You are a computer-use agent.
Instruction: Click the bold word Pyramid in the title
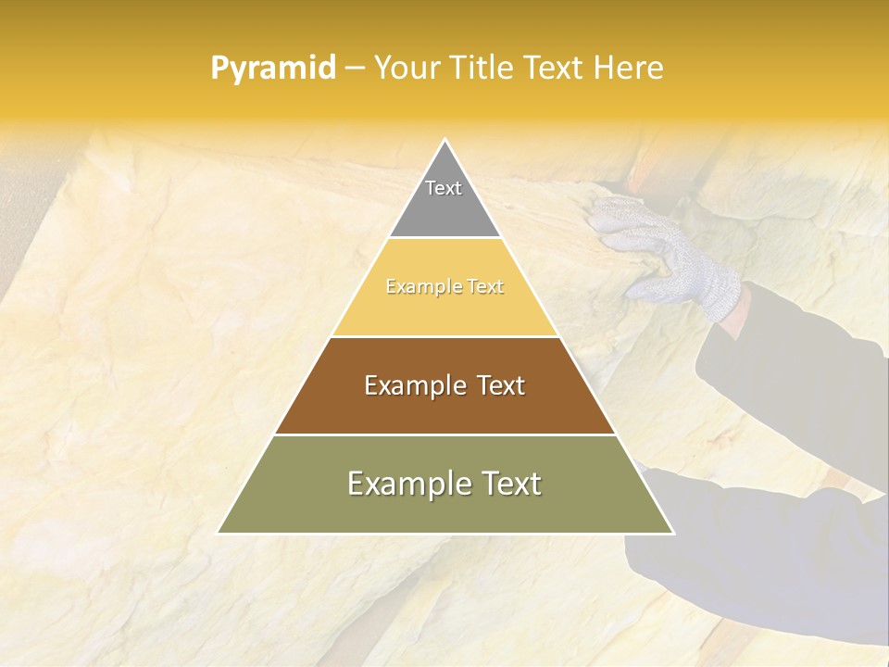pyautogui.click(x=272, y=69)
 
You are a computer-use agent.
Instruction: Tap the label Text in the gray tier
pyautogui.click(x=444, y=188)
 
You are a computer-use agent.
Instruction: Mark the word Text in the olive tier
pyautogui.click(x=509, y=484)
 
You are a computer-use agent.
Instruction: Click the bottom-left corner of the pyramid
pyautogui.click(x=219, y=533)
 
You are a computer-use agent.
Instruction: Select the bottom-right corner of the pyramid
pyautogui.click(x=672, y=533)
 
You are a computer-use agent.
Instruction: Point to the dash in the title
pyautogui.click(x=355, y=69)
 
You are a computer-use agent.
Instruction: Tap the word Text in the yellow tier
pyautogui.click(x=485, y=287)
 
